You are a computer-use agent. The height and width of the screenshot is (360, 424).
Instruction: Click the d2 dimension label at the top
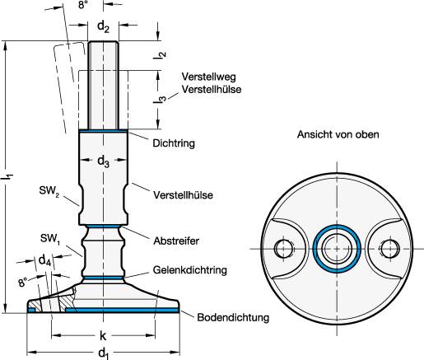click(103, 26)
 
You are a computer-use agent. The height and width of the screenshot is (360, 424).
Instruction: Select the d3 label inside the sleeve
click(103, 161)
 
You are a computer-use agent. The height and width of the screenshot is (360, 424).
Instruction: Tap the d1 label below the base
click(103, 352)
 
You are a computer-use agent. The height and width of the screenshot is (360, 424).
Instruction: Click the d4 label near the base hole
click(44, 260)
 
